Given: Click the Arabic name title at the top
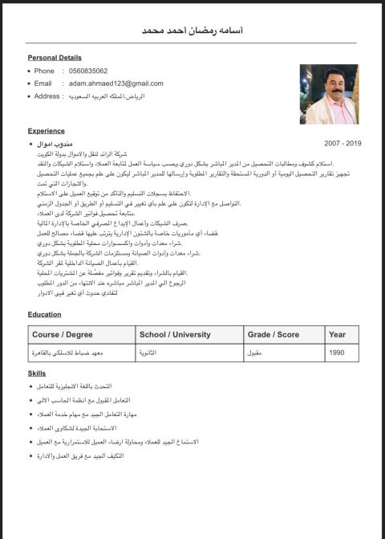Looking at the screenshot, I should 192,30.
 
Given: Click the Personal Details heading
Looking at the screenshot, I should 55,58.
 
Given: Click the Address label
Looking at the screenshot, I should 49,96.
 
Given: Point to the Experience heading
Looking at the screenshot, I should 47,130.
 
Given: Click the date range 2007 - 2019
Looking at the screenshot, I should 342,142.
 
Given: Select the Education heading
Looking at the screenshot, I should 45,314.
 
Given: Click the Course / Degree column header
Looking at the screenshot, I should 64,334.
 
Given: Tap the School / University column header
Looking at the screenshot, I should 174,334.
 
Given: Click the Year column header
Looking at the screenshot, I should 338,334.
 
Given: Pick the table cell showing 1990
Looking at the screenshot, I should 338,353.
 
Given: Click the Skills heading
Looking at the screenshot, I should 38,374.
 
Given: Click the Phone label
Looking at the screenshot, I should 44,71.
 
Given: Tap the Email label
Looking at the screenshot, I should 43,84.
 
